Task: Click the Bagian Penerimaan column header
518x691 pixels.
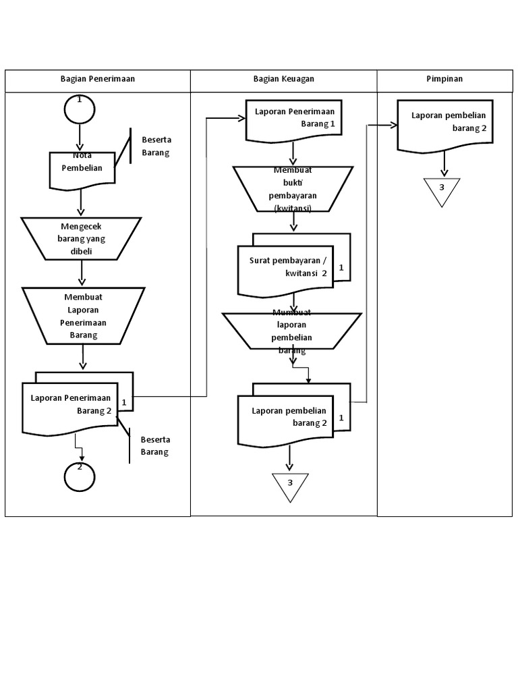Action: click(x=98, y=79)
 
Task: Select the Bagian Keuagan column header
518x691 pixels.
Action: click(x=283, y=79)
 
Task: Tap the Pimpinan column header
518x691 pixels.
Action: click(x=444, y=79)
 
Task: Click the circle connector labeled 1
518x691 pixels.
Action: click(x=80, y=109)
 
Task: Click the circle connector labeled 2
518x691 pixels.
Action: click(x=80, y=476)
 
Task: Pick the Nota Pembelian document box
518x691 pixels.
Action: click(x=82, y=169)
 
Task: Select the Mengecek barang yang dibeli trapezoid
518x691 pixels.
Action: click(x=81, y=238)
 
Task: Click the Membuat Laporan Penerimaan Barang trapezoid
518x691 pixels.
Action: click(x=83, y=315)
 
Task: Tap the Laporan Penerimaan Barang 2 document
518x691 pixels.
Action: click(x=71, y=407)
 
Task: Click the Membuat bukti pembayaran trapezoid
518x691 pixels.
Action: click(x=293, y=189)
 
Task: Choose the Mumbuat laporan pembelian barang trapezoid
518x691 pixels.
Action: click(x=291, y=331)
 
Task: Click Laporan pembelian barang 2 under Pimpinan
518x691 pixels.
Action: click(x=445, y=125)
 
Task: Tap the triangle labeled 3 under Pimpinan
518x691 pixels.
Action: click(x=442, y=189)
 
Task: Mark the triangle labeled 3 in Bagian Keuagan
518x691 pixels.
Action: click(x=290, y=485)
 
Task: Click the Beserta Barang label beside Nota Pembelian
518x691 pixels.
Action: click(x=156, y=146)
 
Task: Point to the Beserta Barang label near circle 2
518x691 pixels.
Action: click(x=154, y=446)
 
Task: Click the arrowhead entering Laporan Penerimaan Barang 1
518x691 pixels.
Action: click(x=241, y=119)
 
